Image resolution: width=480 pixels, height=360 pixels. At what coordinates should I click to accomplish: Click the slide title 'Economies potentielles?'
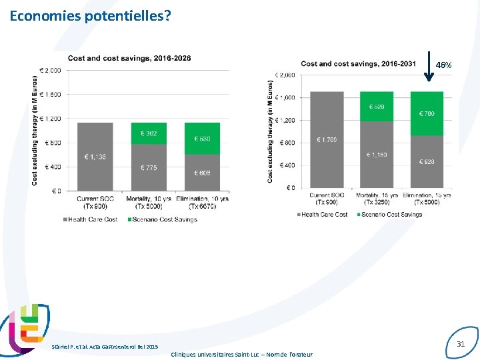(x=90, y=15)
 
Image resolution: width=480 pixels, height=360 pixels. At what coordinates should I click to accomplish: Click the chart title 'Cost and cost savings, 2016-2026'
(x=129, y=58)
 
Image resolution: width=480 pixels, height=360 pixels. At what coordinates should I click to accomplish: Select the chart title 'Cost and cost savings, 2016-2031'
(x=359, y=64)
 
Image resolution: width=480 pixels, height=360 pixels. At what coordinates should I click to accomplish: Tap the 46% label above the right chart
(x=443, y=65)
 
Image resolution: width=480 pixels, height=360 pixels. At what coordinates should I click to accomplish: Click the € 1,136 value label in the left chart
(x=95, y=157)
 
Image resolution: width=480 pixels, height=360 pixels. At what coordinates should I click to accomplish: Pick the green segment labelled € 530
(x=202, y=139)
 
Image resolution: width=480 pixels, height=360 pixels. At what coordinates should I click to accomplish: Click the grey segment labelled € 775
(x=149, y=167)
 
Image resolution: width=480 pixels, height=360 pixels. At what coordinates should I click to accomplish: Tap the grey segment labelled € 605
(x=202, y=173)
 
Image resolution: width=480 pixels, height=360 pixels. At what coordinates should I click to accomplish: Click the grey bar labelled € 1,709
(x=327, y=140)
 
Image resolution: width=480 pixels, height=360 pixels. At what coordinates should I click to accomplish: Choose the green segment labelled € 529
(x=377, y=107)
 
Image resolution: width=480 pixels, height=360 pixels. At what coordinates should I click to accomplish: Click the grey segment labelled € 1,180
(x=377, y=155)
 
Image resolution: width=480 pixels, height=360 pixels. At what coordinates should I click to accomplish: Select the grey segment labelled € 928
(x=427, y=162)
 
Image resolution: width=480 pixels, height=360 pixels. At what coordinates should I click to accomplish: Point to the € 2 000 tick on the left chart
(x=51, y=70)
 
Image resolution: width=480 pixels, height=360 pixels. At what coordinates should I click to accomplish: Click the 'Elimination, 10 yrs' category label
(x=203, y=199)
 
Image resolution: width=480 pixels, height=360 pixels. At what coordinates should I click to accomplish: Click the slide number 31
(x=460, y=344)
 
